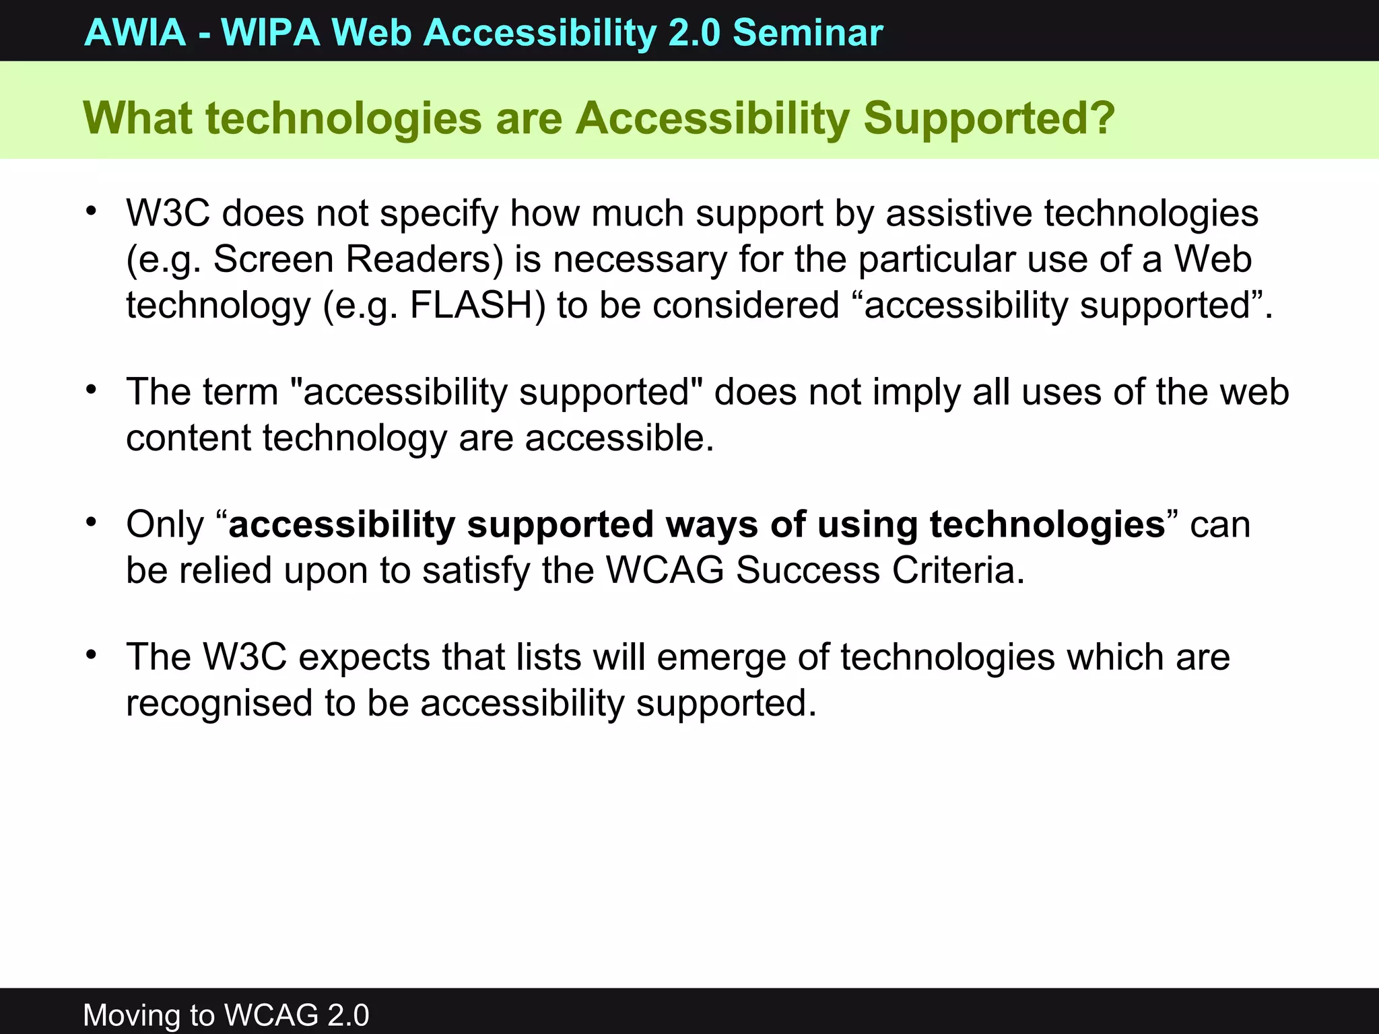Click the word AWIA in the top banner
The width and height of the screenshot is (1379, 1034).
[135, 32]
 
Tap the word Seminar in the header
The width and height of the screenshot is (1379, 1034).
[807, 32]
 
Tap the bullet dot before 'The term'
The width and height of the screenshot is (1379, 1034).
[92, 390]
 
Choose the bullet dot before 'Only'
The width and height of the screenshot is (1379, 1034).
[92, 522]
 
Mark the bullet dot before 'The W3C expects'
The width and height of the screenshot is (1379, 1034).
[92, 655]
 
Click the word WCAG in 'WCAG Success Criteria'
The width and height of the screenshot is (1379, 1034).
[665, 570]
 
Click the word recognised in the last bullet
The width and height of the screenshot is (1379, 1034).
[219, 703]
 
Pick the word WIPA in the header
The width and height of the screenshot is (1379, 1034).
[270, 32]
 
